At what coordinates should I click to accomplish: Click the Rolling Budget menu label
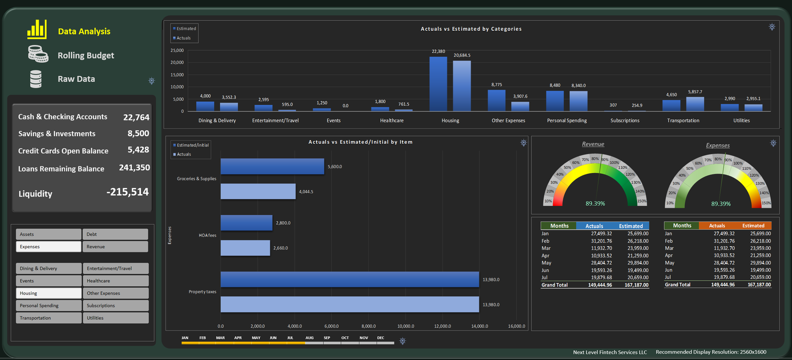pos(86,55)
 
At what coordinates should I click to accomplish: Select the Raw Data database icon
pos(36,79)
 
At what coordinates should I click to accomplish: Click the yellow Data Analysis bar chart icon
pos(37,29)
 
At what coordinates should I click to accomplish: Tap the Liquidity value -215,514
pos(128,192)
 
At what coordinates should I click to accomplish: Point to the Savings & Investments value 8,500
pos(138,133)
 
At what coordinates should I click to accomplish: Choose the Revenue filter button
pos(115,247)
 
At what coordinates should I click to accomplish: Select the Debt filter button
pos(115,234)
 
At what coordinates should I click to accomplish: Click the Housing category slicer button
pos(49,293)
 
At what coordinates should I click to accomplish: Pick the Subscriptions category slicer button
pos(116,306)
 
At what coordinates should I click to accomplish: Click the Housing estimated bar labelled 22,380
pos(438,84)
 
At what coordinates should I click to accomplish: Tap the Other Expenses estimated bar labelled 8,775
pos(496,101)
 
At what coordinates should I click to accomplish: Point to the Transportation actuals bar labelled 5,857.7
pos(695,104)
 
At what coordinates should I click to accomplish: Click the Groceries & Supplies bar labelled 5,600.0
pos(272,166)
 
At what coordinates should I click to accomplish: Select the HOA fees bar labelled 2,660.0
pos(246,248)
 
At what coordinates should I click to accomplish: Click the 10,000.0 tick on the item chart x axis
pos(405,326)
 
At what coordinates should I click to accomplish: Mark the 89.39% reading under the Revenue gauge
pos(595,204)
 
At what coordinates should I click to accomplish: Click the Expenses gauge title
pos(718,146)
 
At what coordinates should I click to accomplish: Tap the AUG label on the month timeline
pos(309,338)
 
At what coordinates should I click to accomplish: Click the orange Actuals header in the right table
pos(717,226)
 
